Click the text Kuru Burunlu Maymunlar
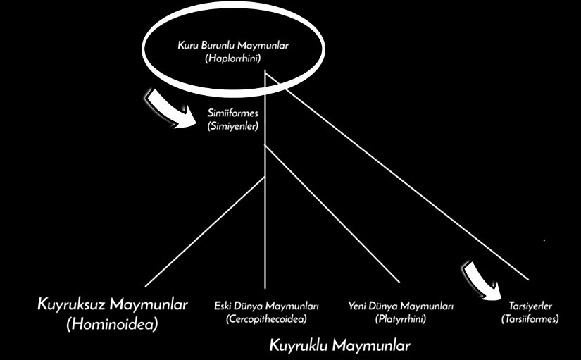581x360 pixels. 233,46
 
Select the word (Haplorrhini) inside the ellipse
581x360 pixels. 233,58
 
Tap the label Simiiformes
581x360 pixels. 232,113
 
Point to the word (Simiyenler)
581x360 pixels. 232,126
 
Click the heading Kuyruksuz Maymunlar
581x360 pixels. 113,305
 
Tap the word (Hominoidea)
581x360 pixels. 113,324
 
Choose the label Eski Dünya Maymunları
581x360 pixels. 266,306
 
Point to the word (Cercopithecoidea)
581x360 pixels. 266,319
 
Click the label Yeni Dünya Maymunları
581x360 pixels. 401,306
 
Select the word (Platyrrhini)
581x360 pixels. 401,319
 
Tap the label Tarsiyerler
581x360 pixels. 530,306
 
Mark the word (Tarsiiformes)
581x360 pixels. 530,319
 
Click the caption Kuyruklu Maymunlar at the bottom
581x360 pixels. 339,345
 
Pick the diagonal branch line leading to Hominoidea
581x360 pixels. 205,232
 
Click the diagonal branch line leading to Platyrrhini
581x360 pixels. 332,214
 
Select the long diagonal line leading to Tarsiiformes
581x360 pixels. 397,176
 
